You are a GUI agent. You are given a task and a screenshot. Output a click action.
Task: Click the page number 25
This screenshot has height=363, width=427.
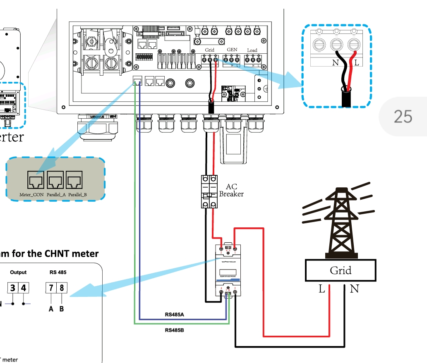pyautogui.click(x=403, y=117)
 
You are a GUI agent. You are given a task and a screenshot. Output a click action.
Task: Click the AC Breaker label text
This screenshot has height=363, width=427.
pyautogui.click(x=231, y=191)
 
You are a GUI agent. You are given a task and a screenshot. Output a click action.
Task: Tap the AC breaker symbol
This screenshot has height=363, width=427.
pyautogui.click(x=209, y=191)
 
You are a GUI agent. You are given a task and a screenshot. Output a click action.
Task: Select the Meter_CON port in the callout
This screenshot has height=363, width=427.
pyautogui.click(x=35, y=180)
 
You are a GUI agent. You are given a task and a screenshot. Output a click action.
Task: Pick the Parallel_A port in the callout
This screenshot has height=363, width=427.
pyautogui.click(x=55, y=180)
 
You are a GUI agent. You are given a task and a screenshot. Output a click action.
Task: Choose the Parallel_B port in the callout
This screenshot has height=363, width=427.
pyautogui.click(x=75, y=180)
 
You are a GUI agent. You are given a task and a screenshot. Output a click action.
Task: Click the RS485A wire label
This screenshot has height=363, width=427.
pyautogui.click(x=174, y=315)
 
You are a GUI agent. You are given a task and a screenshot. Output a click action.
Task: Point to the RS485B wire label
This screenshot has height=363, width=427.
pyautogui.click(x=174, y=330)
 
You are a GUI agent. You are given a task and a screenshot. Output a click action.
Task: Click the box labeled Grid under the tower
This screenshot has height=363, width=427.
pyautogui.click(x=340, y=271)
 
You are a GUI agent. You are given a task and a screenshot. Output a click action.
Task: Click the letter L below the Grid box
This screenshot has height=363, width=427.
pyautogui.click(x=321, y=289)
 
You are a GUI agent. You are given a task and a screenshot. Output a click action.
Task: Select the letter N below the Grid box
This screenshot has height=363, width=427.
pyautogui.click(x=354, y=289)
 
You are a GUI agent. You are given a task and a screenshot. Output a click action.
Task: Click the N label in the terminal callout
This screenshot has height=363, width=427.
pyautogui.click(x=335, y=63)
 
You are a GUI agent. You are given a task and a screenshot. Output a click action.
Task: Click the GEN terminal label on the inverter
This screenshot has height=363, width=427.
pyautogui.click(x=232, y=50)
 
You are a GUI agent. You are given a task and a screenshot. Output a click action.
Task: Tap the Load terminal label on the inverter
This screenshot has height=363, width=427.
pyautogui.click(x=252, y=50)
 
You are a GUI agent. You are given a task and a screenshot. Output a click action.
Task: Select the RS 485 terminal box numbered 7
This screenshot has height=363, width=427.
pyautogui.click(x=51, y=287)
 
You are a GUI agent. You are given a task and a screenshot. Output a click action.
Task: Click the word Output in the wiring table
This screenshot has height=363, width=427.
pyautogui.click(x=18, y=272)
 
